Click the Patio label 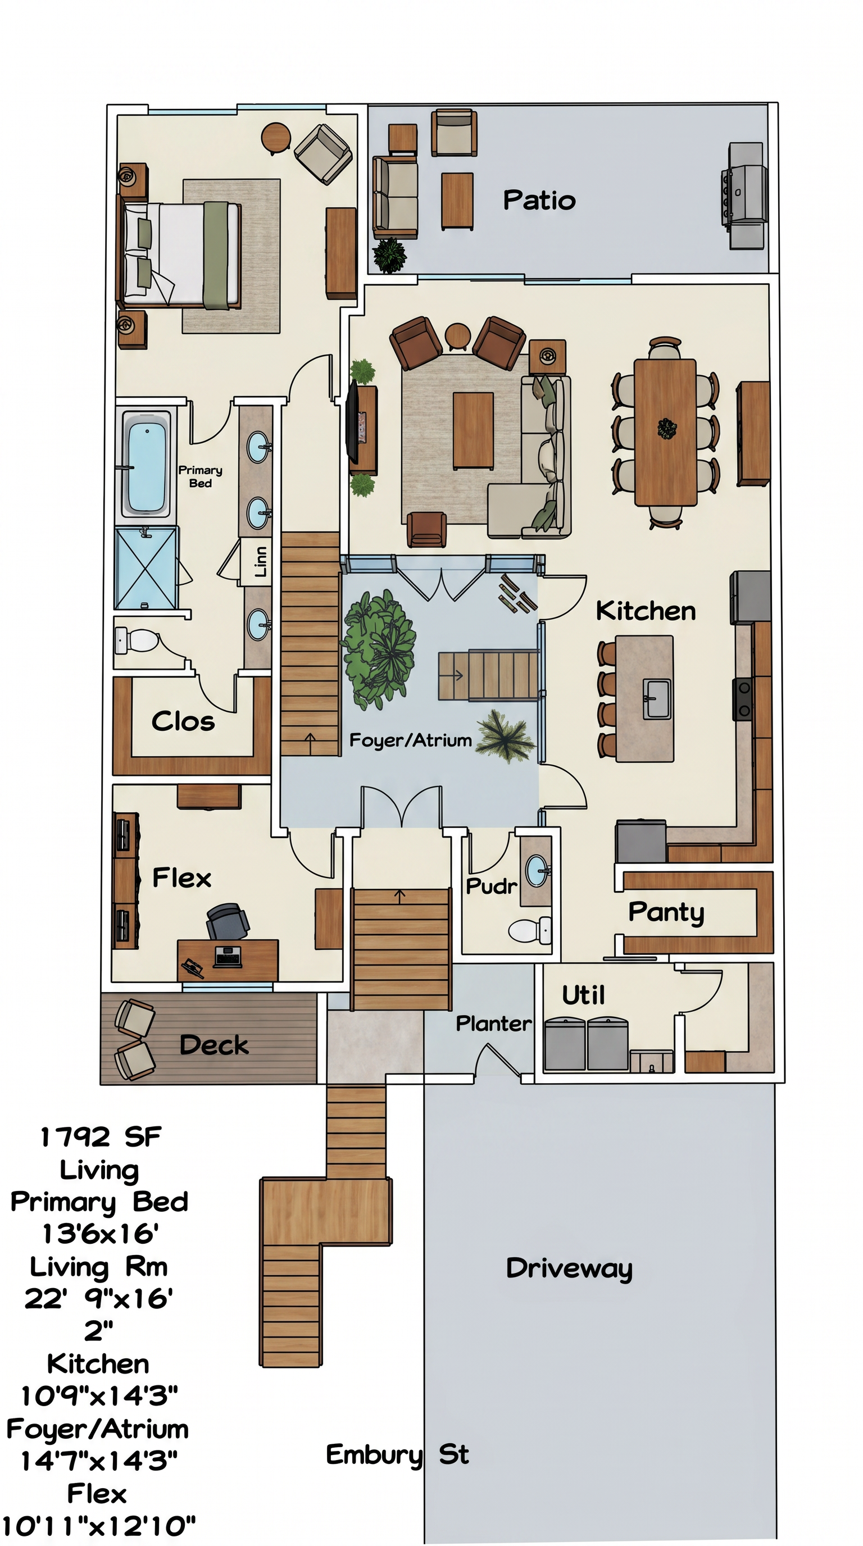[539, 201]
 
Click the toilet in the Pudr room [530, 930]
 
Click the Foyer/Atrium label [411, 740]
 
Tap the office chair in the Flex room [227, 921]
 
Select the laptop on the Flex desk [228, 957]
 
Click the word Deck [214, 1045]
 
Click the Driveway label [569, 1268]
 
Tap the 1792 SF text [101, 1137]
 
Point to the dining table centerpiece [666, 429]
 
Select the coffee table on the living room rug [473, 430]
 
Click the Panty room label [666, 913]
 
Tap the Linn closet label [261, 562]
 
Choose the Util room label [583, 995]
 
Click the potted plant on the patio [390, 254]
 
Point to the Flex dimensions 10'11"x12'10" [99, 1525]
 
